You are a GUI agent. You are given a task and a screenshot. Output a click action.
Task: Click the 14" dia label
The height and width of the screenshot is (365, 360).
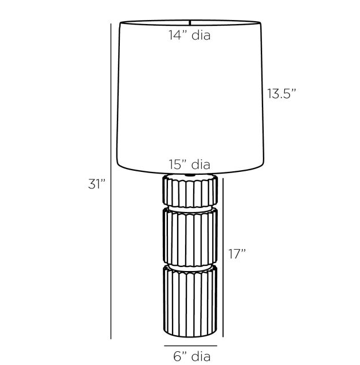[x=190, y=35]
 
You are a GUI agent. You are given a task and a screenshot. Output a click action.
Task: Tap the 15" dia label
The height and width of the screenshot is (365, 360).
[x=190, y=164]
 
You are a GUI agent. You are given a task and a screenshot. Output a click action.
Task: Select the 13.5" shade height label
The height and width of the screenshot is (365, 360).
[x=281, y=93]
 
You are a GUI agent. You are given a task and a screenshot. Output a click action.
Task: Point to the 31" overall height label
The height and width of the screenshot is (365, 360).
[x=97, y=184]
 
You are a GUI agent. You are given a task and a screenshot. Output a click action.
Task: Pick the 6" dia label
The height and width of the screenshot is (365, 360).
[x=192, y=356]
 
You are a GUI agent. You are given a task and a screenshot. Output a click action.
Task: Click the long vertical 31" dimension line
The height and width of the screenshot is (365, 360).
[x=111, y=181]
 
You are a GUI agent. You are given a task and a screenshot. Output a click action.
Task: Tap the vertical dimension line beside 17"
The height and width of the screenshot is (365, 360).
[x=223, y=257]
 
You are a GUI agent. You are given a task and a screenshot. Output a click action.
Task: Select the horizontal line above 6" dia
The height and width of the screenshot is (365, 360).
[x=190, y=346]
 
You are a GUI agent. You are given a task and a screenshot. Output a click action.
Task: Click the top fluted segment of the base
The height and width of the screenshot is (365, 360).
[x=190, y=191]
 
